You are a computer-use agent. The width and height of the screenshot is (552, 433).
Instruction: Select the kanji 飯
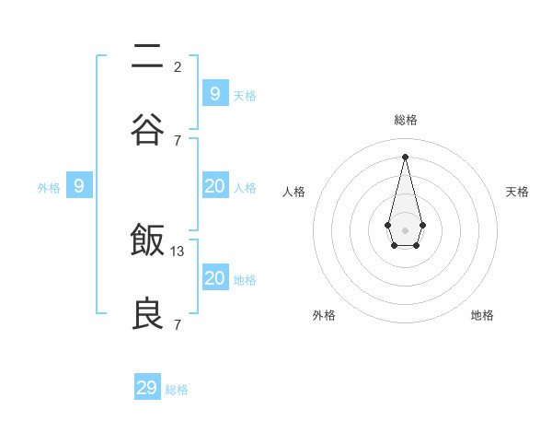tap(148, 241)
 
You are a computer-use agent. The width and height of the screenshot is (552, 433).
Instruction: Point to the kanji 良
tap(148, 314)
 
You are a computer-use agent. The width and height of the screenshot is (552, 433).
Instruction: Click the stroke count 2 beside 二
tap(178, 66)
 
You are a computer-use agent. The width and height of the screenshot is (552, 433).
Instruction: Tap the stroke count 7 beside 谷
tap(178, 140)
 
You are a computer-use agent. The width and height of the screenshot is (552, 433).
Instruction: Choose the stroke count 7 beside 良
tap(178, 324)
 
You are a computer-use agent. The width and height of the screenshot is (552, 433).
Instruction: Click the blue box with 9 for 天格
tap(214, 93)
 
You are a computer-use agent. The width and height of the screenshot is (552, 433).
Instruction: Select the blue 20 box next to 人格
tap(214, 186)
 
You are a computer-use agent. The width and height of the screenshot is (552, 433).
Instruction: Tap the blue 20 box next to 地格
tap(214, 278)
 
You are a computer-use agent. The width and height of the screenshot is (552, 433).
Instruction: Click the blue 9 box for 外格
tap(79, 186)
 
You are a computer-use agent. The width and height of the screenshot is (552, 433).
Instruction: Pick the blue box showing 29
tap(147, 388)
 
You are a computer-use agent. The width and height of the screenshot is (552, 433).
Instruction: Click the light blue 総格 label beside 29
tap(178, 390)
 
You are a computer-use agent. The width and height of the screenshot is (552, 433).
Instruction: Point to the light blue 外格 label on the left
tap(49, 188)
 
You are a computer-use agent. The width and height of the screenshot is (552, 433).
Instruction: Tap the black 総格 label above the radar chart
tap(405, 120)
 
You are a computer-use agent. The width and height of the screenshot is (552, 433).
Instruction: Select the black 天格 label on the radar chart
tap(517, 192)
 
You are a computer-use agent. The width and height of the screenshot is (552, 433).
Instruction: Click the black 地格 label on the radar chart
tap(482, 315)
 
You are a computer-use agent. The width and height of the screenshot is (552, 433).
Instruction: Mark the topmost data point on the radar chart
tap(405, 156)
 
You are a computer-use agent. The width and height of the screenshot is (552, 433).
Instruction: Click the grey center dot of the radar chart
tap(405, 229)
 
